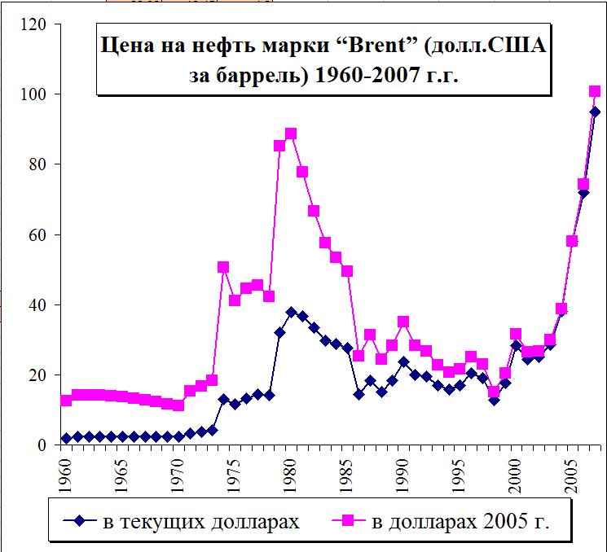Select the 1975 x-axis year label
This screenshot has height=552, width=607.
(235, 473)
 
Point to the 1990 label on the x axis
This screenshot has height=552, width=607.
(403, 473)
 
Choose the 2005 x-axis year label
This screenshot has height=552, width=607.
(572, 473)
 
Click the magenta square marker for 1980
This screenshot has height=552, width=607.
(291, 134)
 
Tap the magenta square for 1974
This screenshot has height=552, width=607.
(223, 267)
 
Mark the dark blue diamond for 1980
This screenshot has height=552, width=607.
(291, 312)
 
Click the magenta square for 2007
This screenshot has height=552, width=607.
(595, 91)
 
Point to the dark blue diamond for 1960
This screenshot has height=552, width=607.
(66, 439)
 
